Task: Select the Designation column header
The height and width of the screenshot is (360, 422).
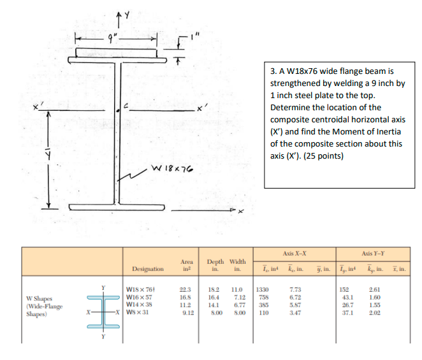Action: click(x=148, y=269)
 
